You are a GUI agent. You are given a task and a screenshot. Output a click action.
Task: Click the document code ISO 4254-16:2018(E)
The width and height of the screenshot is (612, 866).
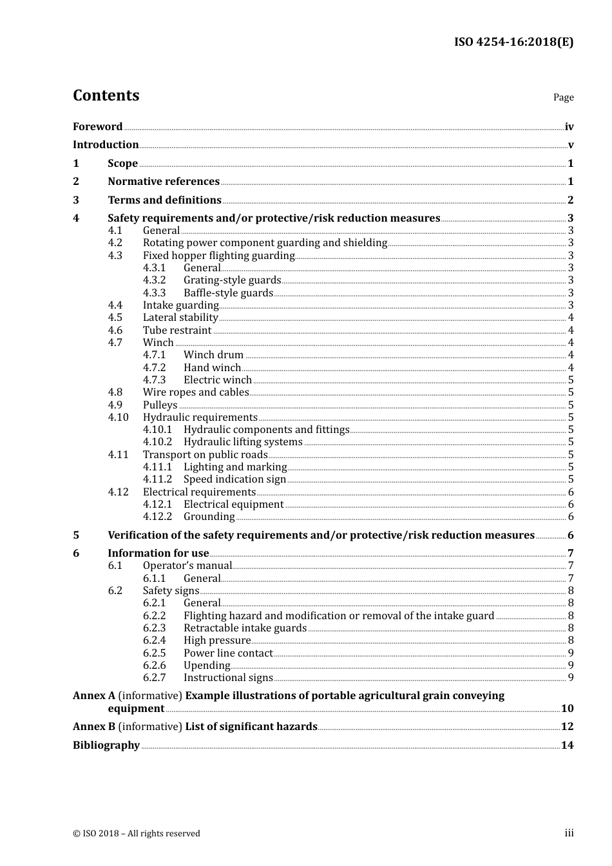[513, 42]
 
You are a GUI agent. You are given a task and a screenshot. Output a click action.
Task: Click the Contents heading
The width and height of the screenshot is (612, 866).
[106, 95]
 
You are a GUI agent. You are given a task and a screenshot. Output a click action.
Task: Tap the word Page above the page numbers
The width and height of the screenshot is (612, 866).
[563, 97]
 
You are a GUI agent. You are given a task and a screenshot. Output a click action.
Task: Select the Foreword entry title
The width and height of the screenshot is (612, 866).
[97, 127]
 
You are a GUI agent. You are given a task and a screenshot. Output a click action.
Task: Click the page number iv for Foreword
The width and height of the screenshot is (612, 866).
[569, 127]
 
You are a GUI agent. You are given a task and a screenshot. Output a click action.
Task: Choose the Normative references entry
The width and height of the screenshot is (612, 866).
[164, 182]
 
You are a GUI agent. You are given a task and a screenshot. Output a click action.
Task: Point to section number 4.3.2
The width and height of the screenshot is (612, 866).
[155, 280]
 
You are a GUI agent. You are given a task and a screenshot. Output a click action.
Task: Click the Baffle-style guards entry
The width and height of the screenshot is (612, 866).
[228, 293]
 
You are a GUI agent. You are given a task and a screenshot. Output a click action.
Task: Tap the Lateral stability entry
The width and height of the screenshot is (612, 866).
[180, 318]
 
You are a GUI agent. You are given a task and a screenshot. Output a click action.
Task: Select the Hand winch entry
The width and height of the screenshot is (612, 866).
[212, 368]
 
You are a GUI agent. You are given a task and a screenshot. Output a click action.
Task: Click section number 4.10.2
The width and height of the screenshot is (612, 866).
[157, 442]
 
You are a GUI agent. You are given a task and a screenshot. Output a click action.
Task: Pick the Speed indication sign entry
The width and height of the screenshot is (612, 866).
[234, 479]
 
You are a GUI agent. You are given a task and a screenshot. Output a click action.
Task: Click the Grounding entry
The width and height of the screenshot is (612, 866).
[209, 517]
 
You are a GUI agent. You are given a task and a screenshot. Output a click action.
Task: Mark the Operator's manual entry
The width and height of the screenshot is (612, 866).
[187, 566]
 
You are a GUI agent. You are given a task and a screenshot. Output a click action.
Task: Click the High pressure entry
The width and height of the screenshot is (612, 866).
[217, 640]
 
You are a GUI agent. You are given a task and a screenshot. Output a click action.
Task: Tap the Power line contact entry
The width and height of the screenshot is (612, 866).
[228, 653]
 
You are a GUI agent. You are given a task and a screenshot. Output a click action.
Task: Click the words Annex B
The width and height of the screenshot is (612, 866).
[94, 727]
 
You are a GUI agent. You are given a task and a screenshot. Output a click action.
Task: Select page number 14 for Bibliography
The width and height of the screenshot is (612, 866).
[567, 746]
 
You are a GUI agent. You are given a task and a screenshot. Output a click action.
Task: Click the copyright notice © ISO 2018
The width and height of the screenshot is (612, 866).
[136, 834]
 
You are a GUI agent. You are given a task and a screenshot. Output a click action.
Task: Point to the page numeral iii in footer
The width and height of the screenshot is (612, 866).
[569, 833]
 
